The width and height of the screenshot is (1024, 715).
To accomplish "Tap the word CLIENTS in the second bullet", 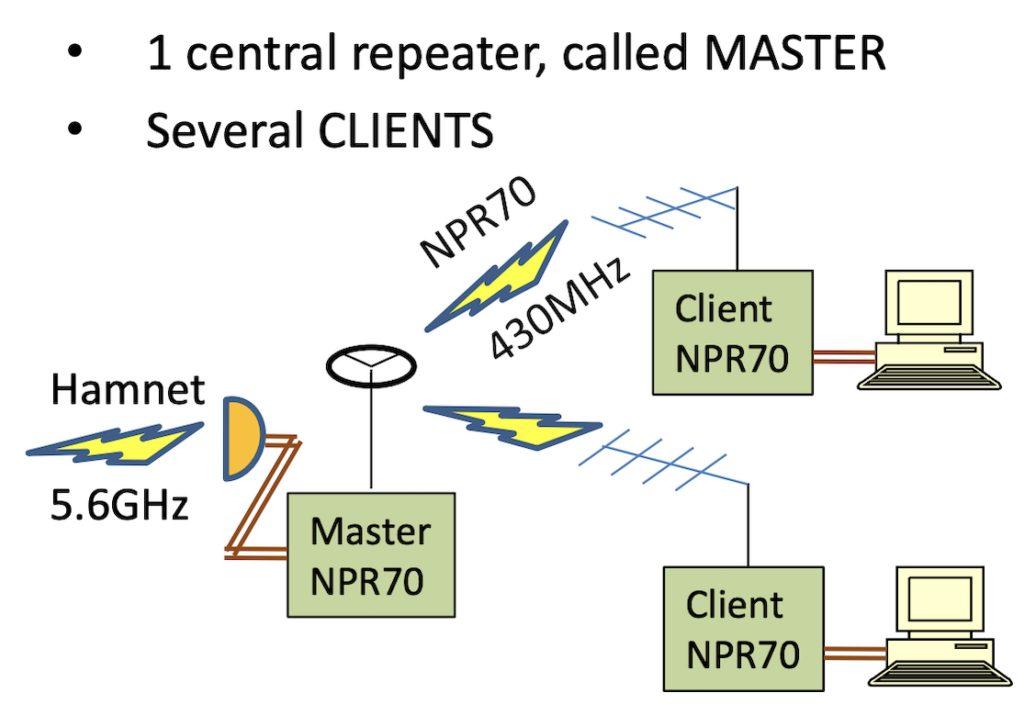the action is (x=406, y=130).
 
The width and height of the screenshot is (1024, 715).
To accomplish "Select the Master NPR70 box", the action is (x=371, y=555).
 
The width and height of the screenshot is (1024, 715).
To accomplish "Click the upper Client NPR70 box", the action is (x=733, y=332).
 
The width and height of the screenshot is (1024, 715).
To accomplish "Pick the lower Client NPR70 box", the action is (x=743, y=629).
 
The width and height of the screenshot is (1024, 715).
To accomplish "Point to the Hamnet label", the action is (x=128, y=390).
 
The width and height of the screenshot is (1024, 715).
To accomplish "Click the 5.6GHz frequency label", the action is (x=120, y=505).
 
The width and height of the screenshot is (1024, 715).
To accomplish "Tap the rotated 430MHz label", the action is (x=560, y=307).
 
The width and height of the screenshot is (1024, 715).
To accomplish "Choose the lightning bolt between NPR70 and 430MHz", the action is (x=496, y=277).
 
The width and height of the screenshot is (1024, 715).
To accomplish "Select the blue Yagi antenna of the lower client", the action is (x=663, y=459).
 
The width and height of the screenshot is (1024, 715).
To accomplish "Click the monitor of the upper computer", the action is (x=929, y=303).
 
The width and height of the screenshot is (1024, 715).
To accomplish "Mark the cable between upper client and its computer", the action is (x=844, y=357).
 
